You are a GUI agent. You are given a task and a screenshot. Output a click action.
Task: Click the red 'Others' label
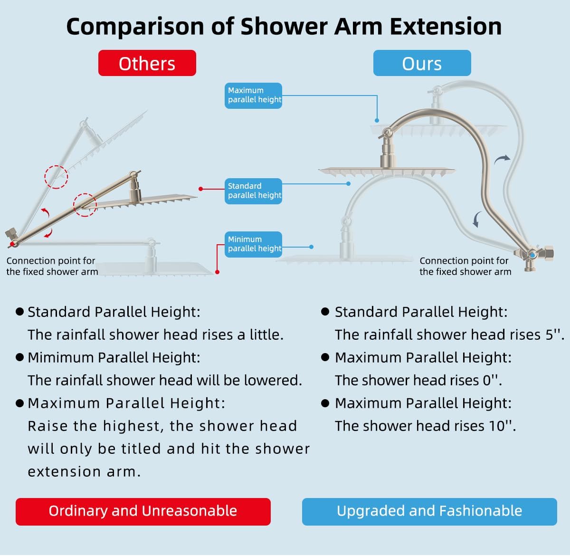[x=147, y=63]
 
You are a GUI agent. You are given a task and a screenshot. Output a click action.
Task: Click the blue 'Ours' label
[x=422, y=63]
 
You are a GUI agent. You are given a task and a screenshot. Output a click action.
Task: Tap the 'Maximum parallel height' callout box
[x=254, y=95]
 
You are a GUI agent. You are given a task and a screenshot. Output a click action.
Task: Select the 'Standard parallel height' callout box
[x=254, y=191]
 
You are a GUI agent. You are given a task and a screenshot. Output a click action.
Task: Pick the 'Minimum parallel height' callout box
[x=254, y=244]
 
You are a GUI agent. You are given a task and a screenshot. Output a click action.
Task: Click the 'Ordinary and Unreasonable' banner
[x=143, y=511]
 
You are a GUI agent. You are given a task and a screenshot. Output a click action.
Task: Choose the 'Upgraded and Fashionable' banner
[x=429, y=511]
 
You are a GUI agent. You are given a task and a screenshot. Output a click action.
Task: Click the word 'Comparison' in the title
[x=134, y=27]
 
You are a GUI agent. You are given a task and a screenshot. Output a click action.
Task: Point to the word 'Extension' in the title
[x=446, y=26]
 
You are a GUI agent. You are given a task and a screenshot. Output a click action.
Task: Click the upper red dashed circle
[x=56, y=177]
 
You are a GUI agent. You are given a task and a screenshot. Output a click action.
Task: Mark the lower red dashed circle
[x=85, y=205]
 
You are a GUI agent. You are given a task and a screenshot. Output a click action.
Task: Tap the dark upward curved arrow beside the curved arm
[x=502, y=160]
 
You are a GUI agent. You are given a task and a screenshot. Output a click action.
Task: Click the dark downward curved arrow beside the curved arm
[x=476, y=220]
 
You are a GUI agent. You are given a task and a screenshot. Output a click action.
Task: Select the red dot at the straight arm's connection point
[x=11, y=244]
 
